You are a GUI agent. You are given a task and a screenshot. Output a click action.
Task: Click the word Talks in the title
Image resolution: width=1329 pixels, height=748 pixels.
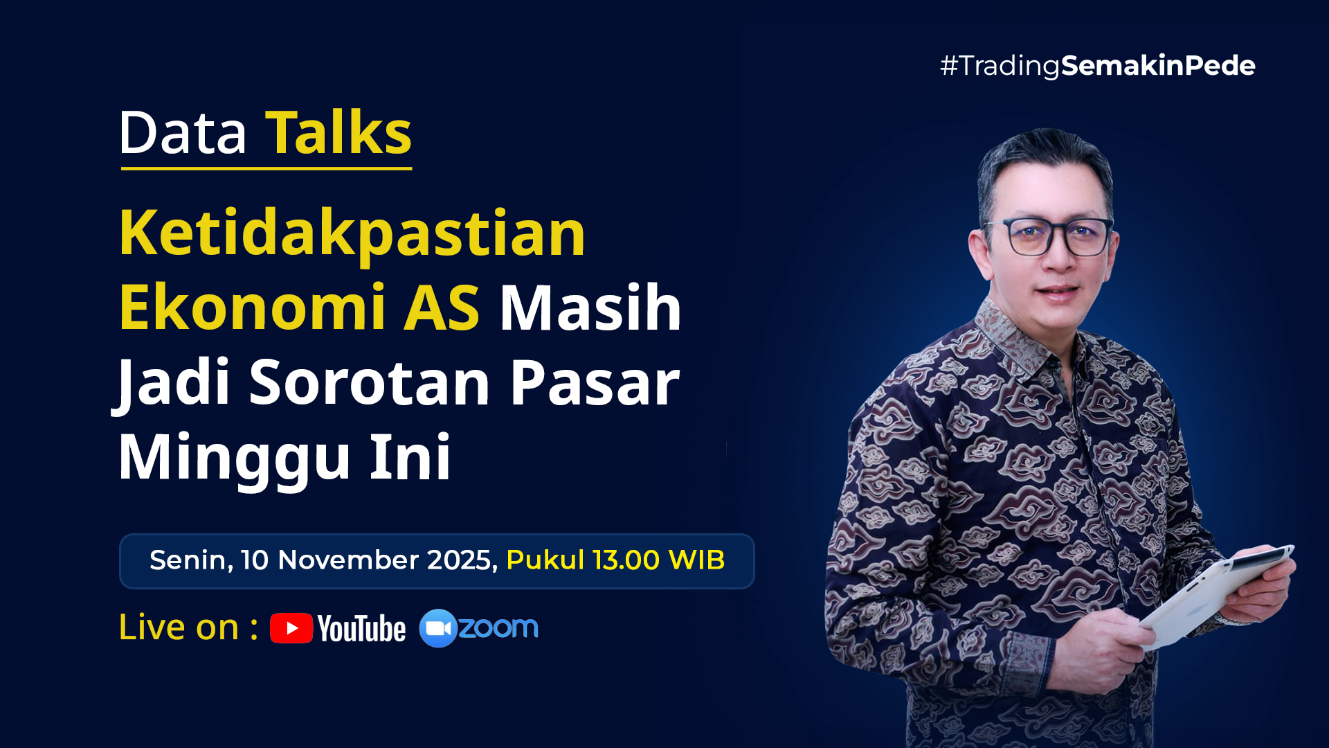338,132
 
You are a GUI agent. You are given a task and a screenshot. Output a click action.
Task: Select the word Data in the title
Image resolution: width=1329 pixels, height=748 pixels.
183,132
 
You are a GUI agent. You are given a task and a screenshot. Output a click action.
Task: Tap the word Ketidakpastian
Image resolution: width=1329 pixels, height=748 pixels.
352,235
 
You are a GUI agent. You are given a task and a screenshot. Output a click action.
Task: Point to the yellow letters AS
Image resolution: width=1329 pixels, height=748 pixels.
442,308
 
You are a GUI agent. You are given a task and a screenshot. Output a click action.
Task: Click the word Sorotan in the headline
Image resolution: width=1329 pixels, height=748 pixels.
370,382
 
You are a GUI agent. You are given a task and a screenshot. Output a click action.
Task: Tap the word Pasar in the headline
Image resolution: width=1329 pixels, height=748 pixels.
595,382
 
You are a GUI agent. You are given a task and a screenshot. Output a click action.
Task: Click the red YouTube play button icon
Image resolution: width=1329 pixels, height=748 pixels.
291,628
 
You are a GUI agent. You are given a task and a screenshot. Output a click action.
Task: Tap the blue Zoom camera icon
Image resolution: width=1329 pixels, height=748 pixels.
438,628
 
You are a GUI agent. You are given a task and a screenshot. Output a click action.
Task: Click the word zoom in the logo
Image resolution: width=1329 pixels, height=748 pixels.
498,627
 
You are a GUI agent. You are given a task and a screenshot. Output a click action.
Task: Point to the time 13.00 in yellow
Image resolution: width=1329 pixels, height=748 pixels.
626,560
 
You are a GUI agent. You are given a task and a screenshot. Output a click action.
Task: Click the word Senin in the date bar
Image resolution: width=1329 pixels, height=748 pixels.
187,560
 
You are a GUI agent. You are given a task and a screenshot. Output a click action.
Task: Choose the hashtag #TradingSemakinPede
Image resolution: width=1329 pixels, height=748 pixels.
1098,66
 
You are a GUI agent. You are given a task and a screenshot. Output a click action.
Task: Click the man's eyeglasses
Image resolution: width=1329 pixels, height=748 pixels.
1048,236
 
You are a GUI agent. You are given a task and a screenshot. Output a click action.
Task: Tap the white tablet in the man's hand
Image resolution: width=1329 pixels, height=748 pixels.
1216,597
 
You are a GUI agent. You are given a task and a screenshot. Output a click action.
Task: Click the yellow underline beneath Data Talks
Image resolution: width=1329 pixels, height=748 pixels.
266,168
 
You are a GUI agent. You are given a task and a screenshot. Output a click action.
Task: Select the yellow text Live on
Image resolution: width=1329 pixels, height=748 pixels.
179,627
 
